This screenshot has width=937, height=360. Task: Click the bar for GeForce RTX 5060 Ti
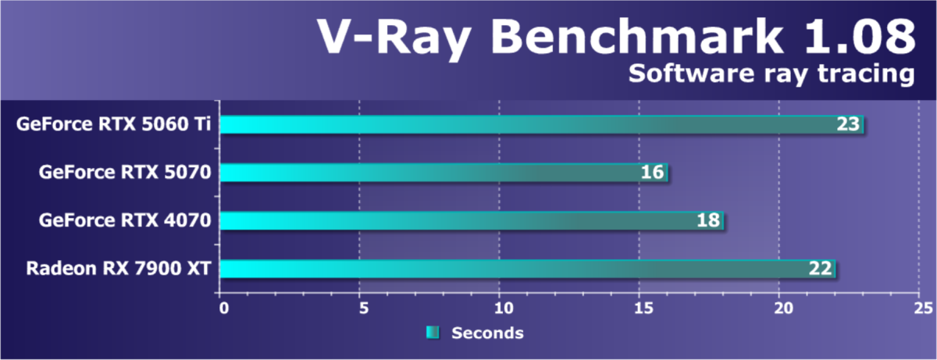coord(539,124)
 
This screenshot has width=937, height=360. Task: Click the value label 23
coord(848,124)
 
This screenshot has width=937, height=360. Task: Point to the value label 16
coord(652,173)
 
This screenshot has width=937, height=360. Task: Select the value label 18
coord(708,221)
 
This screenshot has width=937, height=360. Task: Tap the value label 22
coord(820,269)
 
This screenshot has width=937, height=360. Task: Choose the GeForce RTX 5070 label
coord(126,173)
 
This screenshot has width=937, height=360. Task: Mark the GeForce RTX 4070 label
coord(126,221)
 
